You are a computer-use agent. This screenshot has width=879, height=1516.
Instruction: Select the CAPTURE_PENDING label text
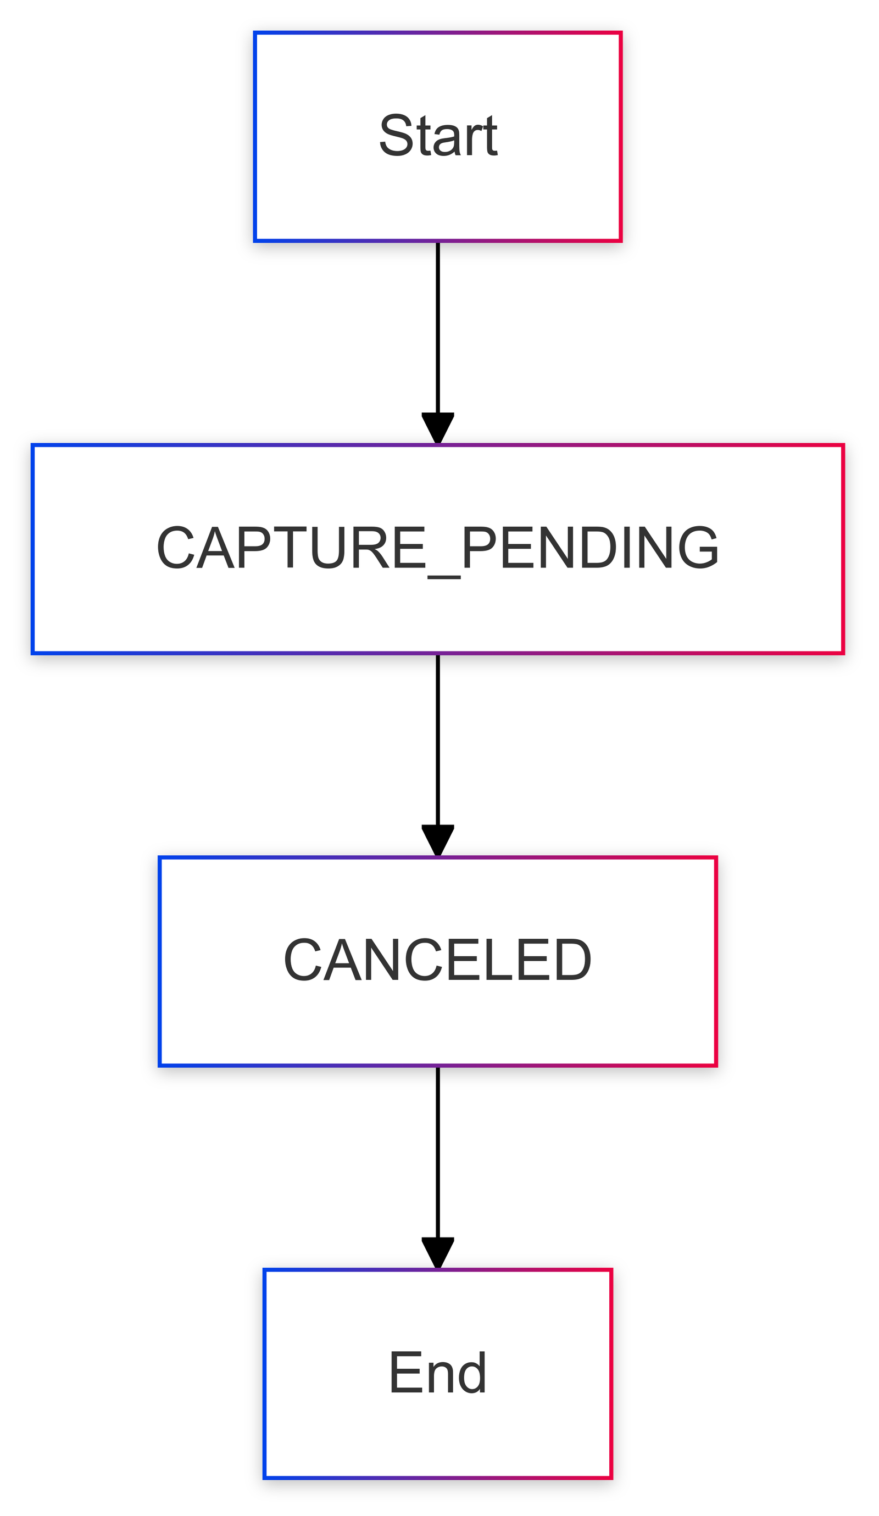coord(438,549)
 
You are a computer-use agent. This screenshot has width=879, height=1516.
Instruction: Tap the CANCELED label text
coord(438,961)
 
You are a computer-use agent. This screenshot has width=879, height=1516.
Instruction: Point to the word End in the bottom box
coord(438,1373)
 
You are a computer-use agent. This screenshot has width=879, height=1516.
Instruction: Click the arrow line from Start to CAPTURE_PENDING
coord(438,343)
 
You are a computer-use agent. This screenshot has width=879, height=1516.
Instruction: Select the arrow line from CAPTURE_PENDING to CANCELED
coord(438,756)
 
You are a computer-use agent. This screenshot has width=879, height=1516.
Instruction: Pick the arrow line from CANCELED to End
coord(438,1168)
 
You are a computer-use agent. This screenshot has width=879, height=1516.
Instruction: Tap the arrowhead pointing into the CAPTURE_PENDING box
coord(438,428)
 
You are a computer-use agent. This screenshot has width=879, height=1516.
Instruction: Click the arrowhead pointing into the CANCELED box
coord(438,841)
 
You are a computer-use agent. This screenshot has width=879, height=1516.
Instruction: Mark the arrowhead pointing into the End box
coord(438,1253)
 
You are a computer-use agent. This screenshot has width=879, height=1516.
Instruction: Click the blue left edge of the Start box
coord(255,137)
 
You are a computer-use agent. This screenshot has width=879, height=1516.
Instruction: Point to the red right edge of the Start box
coord(620,137)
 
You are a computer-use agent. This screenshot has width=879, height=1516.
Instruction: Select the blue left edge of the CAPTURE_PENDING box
coord(33,549)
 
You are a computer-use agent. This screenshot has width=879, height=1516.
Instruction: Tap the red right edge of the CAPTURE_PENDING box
coord(843,549)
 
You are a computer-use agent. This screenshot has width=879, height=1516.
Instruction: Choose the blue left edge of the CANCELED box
coord(160,962)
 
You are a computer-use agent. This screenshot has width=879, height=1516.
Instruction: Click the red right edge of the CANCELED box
coord(716,962)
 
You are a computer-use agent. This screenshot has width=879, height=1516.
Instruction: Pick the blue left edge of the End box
coord(265,1375)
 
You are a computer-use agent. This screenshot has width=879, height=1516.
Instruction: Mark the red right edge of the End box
coord(611,1375)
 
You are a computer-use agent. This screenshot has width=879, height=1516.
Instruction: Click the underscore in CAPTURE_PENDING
coord(444,577)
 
